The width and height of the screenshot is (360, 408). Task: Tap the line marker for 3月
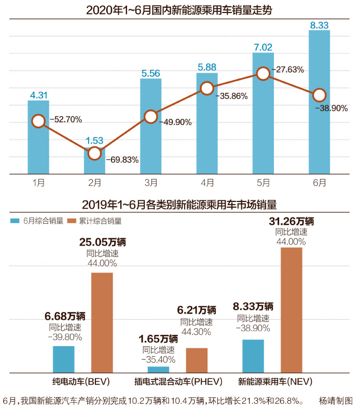151,117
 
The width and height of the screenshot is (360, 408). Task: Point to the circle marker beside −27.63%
264,74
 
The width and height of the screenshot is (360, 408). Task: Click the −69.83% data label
122,160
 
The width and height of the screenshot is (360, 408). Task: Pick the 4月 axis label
207,182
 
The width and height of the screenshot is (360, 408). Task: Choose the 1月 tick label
38,182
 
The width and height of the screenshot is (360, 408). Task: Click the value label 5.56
150,73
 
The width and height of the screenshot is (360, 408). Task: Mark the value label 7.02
263,47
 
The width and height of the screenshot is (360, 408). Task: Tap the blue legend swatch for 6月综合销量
15,221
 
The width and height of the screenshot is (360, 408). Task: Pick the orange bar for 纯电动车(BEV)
102,322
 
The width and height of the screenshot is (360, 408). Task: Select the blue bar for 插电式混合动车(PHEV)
158,369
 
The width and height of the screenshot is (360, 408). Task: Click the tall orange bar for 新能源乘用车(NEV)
291,309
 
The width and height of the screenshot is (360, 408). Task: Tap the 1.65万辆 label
158,339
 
